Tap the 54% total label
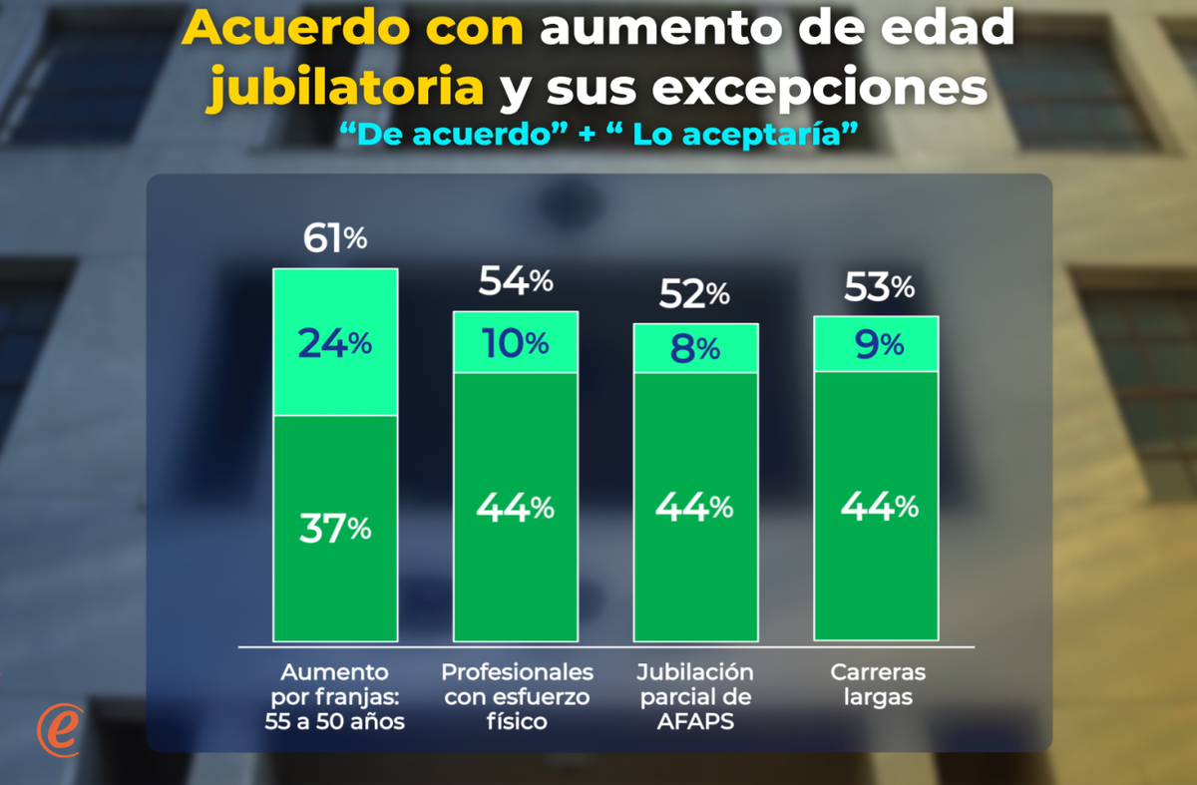[x=516, y=282]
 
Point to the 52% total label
[x=695, y=294]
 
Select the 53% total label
[x=879, y=287]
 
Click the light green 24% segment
[x=335, y=342]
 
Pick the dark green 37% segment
[x=335, y=528]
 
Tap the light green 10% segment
[x=516, y=342]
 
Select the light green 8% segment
[x=696, y=348]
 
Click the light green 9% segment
[x=876, y=344]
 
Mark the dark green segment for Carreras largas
[x=876, y=505]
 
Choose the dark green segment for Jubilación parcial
[x=696, y=507]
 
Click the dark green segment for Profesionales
[x=516, y=507]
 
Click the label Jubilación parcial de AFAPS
[x=695, y=696]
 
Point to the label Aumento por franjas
[x=335, y=696]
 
